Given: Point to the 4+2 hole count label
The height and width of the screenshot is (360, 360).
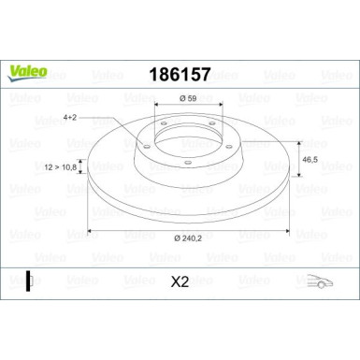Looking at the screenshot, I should click(70, 118).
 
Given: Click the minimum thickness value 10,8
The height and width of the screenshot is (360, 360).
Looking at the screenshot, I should click(68, 166).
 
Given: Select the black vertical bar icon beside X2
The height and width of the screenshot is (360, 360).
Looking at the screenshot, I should click(29, 279).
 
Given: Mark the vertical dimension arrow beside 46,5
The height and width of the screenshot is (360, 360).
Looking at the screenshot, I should click(298, 161).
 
